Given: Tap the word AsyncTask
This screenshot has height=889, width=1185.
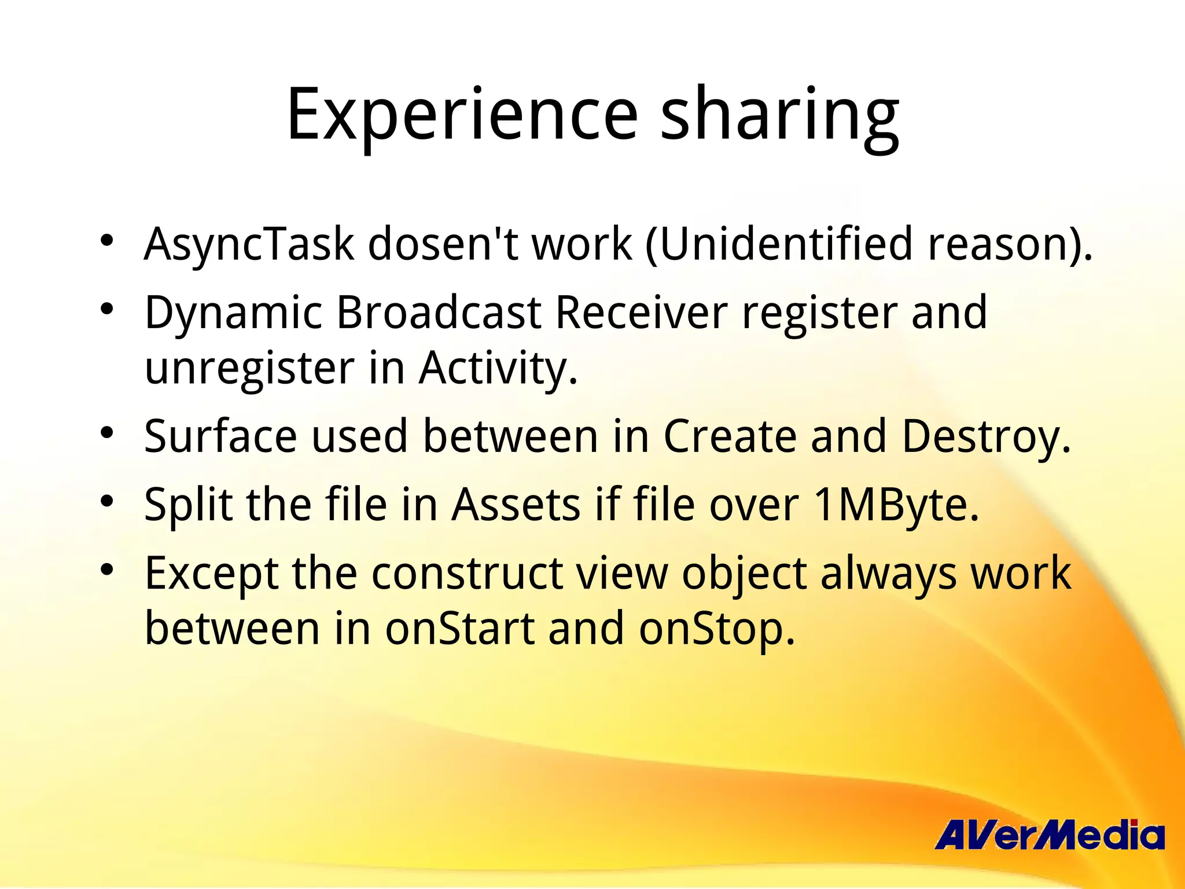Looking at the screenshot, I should [249, 244].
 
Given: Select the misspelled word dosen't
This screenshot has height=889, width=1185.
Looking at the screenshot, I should [443, 244].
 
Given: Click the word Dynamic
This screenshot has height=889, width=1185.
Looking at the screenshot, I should [233, 313].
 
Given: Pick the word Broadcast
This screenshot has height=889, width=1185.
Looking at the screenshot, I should [439, 313].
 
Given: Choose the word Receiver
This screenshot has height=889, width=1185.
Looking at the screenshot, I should [641, 313].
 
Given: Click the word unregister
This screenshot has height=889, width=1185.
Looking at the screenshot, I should [249, 369].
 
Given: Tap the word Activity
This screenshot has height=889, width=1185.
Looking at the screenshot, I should [498, 369].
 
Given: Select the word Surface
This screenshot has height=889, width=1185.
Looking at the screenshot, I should [220, 436].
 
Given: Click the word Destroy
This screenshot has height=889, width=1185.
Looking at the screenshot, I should [985, 436].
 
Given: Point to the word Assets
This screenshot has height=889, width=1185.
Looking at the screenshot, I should [516, 505].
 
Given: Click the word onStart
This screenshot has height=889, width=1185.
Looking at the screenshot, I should [460, 629].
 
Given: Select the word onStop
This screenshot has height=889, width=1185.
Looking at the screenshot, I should [717, 629].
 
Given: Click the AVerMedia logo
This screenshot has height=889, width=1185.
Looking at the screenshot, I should [1049, 835].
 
